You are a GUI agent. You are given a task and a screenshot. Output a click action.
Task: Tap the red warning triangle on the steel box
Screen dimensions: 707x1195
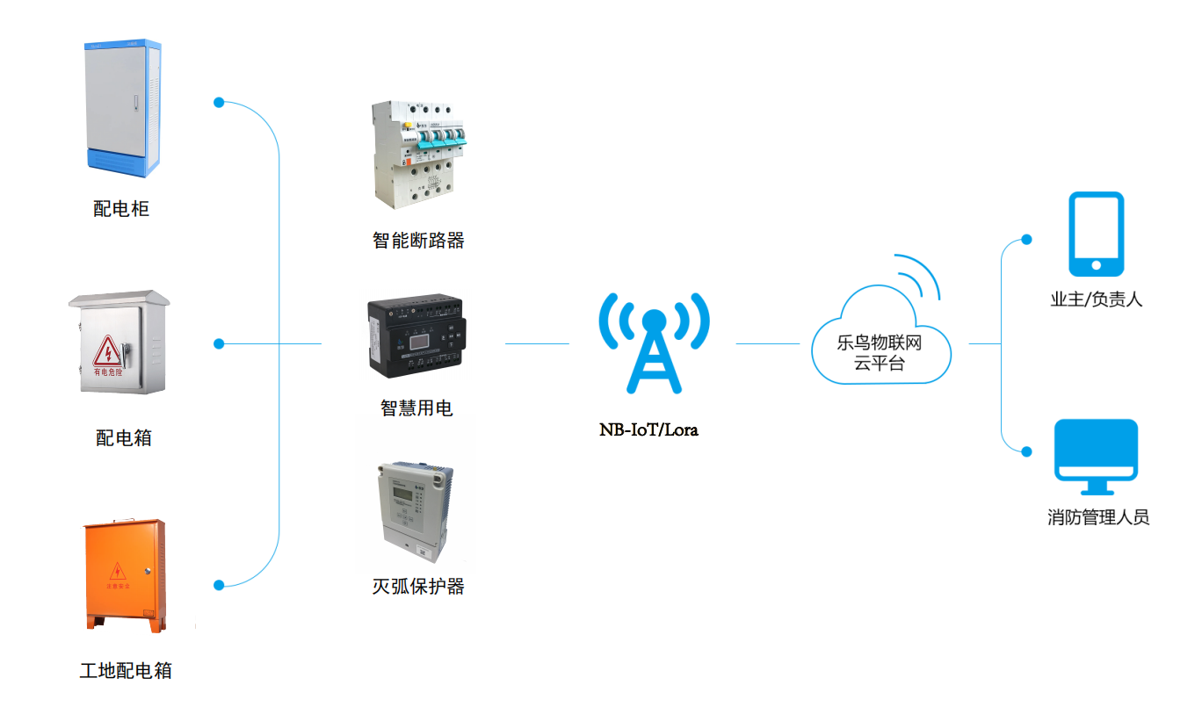coord(108,350)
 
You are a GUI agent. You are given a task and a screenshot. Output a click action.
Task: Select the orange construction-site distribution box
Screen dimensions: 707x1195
coord(124,574)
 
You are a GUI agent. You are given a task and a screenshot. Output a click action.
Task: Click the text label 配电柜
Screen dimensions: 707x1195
coord(121,209)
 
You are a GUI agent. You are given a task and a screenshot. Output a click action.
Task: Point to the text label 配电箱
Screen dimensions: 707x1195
coord(123,437)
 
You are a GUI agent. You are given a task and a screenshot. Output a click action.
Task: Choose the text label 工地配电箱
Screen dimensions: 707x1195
coord(126,672)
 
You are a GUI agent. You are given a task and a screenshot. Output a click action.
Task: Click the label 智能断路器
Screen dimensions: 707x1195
coord(417,240)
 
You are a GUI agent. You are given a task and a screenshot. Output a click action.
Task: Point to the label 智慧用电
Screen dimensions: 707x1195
coord(416,408)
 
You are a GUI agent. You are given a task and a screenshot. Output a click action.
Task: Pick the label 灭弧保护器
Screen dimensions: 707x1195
coord(417,587)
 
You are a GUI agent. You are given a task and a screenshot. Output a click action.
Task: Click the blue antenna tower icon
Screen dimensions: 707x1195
coord(654,343)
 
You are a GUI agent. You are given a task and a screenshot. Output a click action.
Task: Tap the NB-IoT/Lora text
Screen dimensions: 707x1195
coord(648,430)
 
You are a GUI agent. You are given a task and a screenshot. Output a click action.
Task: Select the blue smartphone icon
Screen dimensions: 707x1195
coord(1096,234)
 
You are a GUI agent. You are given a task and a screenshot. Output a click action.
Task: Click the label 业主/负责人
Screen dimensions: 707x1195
coord(1096,299)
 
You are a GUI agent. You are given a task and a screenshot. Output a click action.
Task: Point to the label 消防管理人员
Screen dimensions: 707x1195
coord(1098,517)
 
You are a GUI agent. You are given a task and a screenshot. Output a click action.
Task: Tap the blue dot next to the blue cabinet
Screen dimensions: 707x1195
coord(219,103)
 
